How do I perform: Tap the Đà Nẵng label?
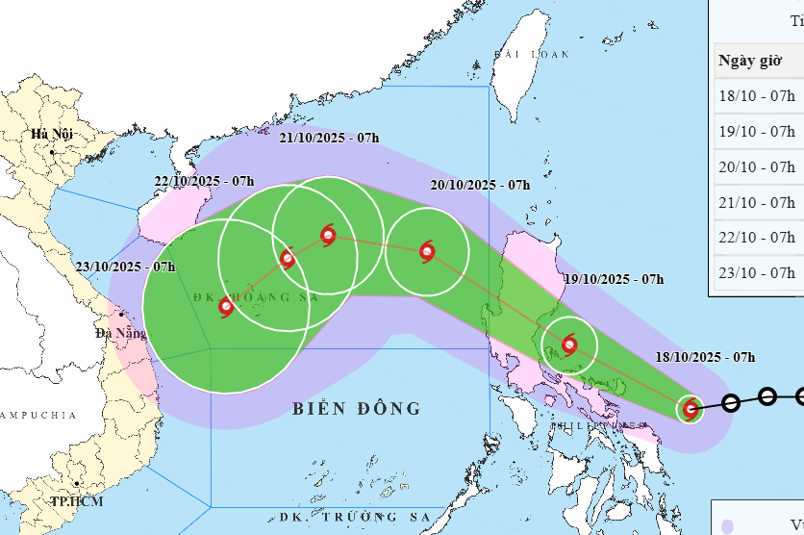120,334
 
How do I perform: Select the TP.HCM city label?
78,501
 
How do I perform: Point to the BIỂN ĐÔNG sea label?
357,409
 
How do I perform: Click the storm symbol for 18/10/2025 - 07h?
691,409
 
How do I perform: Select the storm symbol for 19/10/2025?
570,344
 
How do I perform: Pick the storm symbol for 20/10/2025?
427,252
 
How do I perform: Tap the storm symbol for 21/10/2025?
328,234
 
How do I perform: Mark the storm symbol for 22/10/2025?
287,257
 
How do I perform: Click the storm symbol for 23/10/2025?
226,307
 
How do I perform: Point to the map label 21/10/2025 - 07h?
329,139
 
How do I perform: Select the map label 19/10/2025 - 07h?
615,279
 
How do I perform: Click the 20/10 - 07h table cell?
757,166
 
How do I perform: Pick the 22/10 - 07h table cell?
757,237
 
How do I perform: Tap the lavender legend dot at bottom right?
728,525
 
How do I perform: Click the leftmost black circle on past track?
730,403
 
